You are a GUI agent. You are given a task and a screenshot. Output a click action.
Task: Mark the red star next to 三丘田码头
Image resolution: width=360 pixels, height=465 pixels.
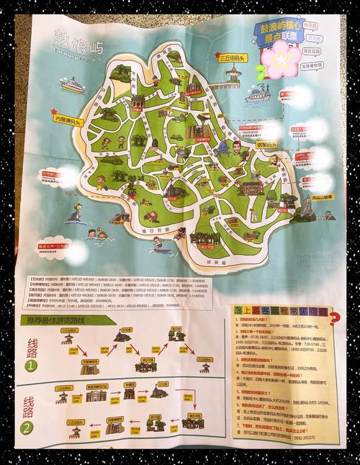click(209, 55)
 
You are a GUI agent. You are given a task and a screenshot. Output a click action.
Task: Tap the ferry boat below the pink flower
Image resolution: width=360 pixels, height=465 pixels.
click(257, 96)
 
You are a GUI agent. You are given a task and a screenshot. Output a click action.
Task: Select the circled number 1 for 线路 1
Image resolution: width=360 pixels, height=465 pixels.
click(31, 364)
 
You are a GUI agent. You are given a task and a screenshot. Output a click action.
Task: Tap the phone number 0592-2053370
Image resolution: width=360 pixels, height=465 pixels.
click(303, 436)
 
